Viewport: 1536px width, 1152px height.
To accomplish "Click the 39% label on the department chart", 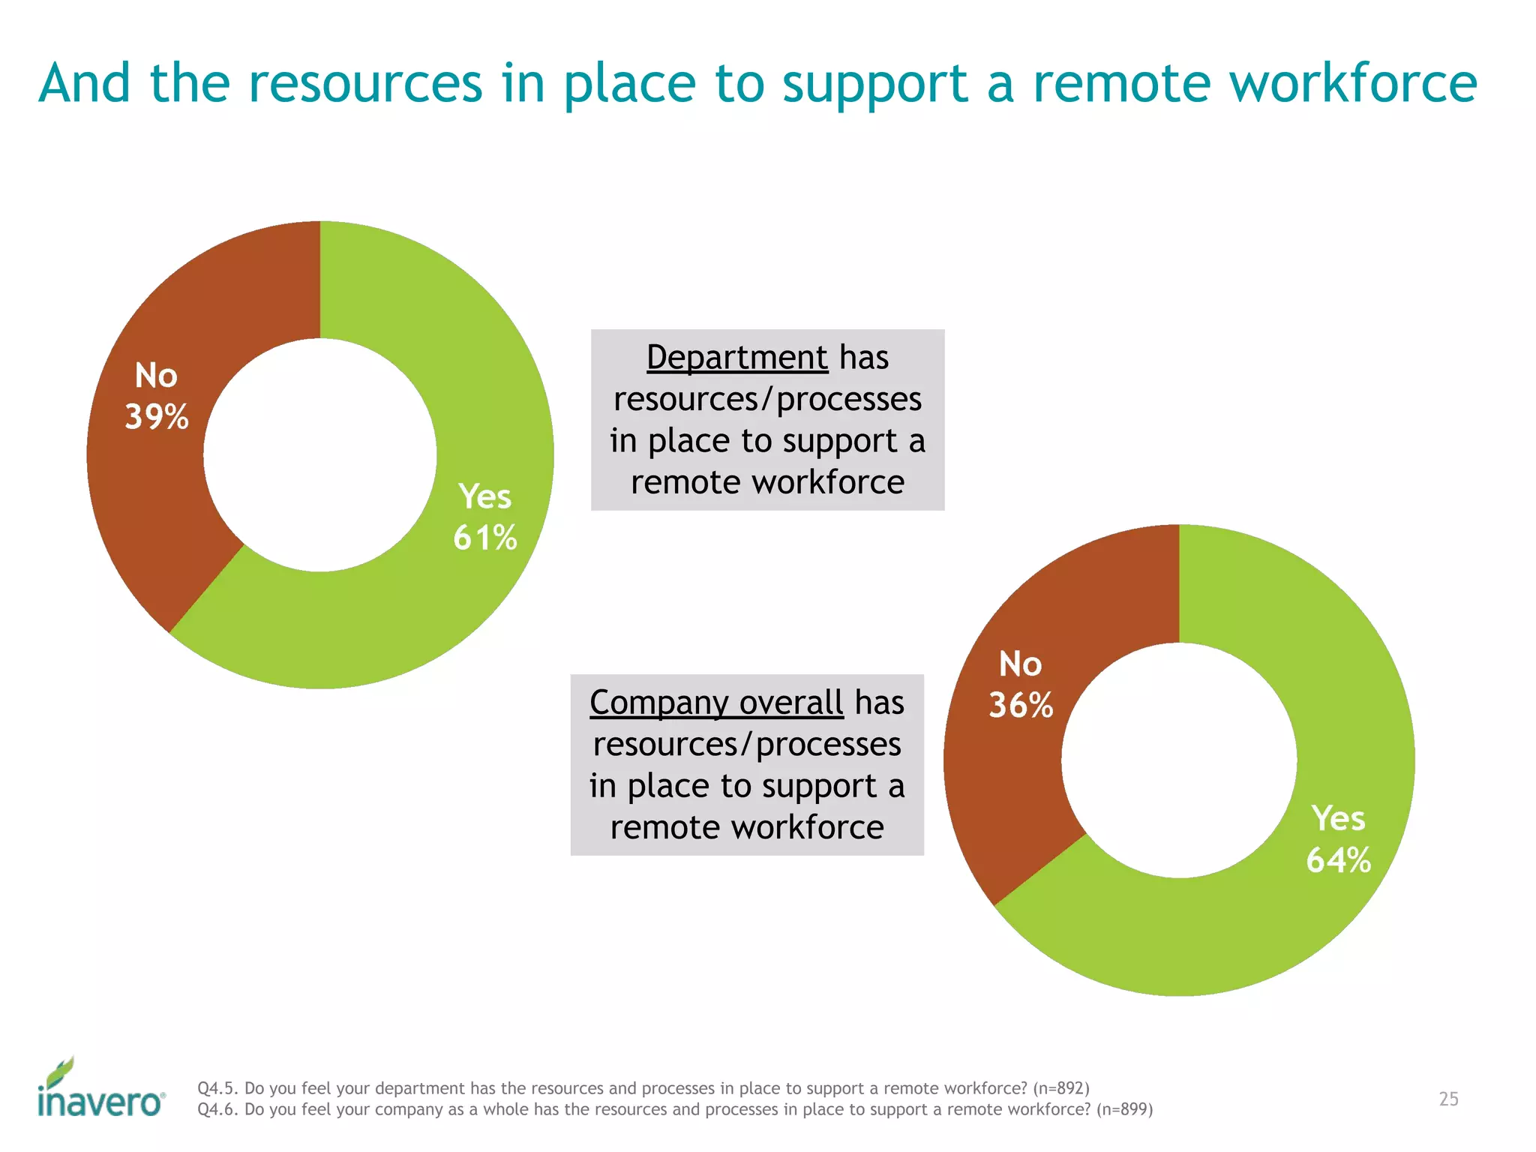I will point(157,417).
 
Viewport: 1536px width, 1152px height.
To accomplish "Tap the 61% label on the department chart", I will point(485,538).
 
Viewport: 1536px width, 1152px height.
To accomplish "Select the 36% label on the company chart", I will point(1021,705).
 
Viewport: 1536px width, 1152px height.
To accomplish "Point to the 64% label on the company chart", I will point(1339,859).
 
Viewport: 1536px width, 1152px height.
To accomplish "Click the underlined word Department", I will point(737,357).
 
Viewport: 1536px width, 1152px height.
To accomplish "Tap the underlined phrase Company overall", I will point(716,703).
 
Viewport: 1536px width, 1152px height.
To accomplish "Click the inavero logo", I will point(100,1090).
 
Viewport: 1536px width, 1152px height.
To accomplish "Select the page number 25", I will point(1448,1099).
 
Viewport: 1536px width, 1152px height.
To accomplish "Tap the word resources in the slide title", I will point(365,82).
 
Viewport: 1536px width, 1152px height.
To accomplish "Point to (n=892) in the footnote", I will point(1060,1088).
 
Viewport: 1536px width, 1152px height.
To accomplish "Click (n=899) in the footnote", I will point(1124,1109).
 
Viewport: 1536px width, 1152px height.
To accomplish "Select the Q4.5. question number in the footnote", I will point(218,1088).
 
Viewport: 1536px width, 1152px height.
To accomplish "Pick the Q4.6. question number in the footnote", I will point(218,1109).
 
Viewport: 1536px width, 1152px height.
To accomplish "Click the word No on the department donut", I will point(156,375).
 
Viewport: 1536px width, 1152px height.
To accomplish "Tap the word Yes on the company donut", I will point(1338,818).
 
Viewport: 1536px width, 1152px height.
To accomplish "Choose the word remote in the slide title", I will point(1122,82).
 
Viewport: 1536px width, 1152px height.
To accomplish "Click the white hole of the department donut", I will point(320,454).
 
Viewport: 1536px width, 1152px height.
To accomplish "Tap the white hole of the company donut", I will point(1179,760).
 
